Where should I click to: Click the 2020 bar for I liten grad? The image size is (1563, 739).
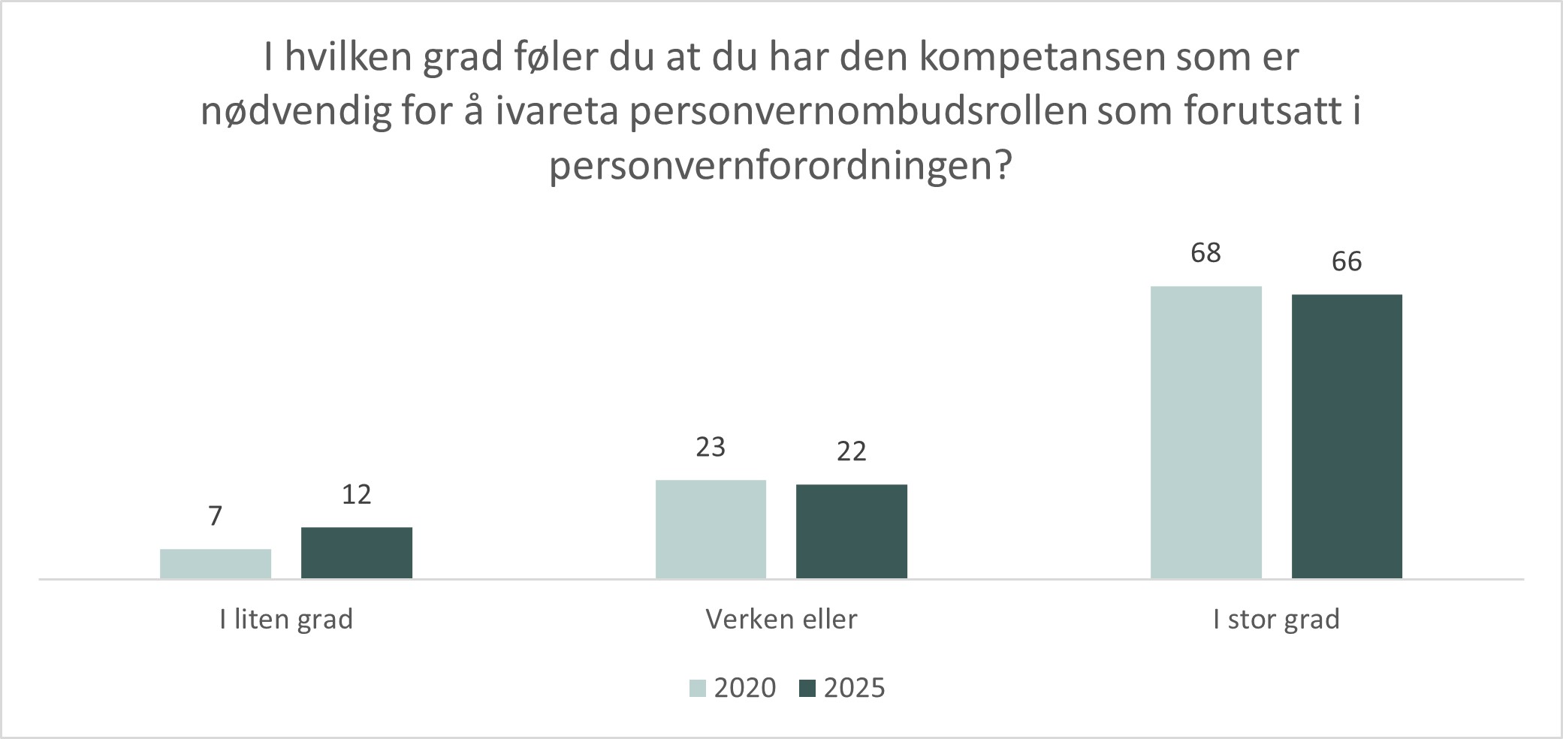point(216,563)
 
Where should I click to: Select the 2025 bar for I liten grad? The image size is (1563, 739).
point(357,553)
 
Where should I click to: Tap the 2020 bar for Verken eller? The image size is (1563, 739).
point(711,529)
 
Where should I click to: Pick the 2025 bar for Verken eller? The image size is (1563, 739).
point(852,531)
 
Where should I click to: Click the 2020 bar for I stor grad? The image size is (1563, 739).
point(1206,432)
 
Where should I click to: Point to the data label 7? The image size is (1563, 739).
point(216,517)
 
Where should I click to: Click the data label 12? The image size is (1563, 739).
point(357,495)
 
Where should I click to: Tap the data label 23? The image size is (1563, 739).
point(711,448)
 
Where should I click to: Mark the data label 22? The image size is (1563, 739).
point(852,451)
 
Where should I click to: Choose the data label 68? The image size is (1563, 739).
point(1206,253)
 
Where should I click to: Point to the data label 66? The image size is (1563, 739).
point(1347,262)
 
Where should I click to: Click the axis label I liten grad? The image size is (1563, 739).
point(286,620)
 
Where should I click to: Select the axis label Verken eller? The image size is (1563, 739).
point(781,620)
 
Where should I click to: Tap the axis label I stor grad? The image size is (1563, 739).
point(1276,620)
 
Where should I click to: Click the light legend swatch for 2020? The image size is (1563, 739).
point(698,688)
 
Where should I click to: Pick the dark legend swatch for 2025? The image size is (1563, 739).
point(807,688)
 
